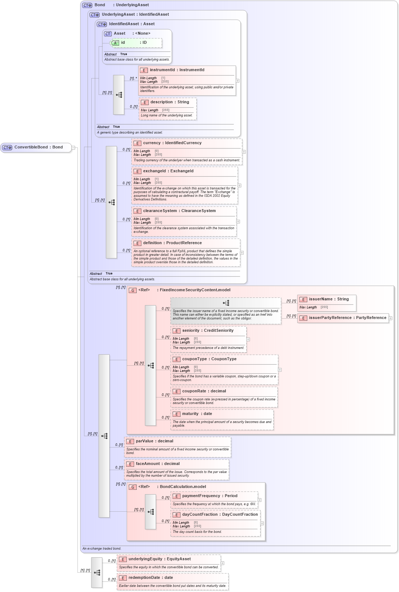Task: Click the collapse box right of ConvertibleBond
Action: point(73,148)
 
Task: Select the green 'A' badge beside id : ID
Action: point(115,43)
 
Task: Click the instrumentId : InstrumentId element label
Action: point(177,70)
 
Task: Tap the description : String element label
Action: point(170,102)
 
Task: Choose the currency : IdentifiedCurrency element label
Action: point(172,143)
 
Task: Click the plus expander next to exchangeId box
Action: point(239,185)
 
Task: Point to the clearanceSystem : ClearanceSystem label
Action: point(179,211)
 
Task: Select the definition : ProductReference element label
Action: point(172,243)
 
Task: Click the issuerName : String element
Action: point(328,299)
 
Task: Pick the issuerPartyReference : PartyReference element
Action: point(347,318)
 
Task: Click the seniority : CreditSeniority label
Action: point(208,331)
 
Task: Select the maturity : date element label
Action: point(197,414)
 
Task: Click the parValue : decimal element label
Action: point(154,441)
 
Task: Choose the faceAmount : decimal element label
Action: point(157,464)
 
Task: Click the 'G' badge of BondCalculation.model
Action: point(133,487)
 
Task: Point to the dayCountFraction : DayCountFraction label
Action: point(220,515)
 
